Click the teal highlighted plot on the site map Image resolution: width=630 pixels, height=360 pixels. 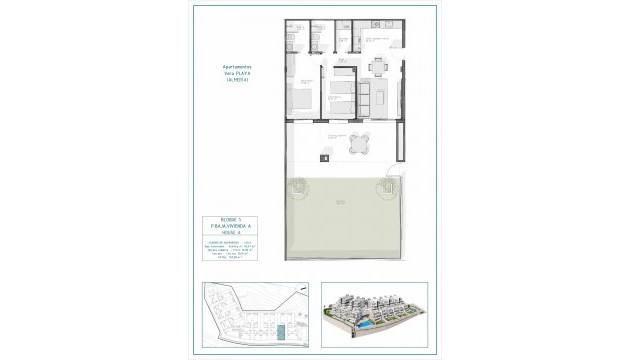point(283,329)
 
